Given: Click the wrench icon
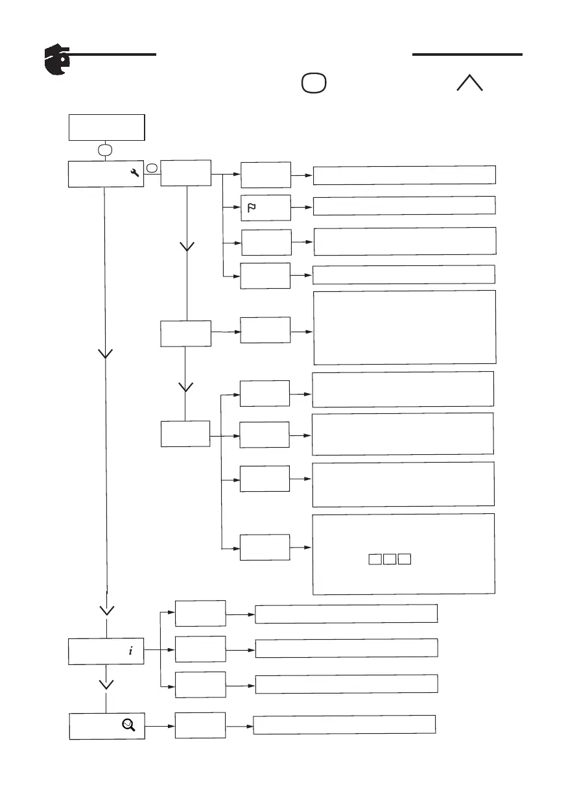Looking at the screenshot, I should click(x=135, y=173).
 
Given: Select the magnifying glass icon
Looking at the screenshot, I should click(x=128, y=726).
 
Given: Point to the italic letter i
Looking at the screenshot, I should click(x=130, y=651).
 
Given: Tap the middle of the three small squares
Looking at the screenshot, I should click(x=390, y=559).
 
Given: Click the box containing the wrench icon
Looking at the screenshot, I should click(x=106, y=173).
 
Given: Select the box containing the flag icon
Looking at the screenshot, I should click(x=265, y=208).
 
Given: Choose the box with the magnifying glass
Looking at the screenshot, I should click(x=106, y=726).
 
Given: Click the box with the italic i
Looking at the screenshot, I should click(x=106, y=651).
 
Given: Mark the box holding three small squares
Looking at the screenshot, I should click(x=404, y=553).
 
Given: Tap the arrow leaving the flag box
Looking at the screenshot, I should click(x=302, y=207).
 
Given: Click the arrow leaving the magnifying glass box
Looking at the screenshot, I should click(x=159, y=726).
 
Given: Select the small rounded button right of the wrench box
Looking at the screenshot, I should click(x=152, y=168).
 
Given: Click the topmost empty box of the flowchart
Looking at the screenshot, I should click(x=106, y=127).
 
